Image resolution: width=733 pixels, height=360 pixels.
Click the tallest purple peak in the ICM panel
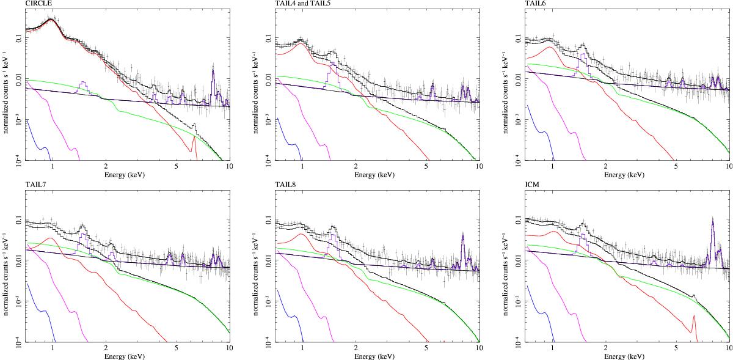tap(713, 220)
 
